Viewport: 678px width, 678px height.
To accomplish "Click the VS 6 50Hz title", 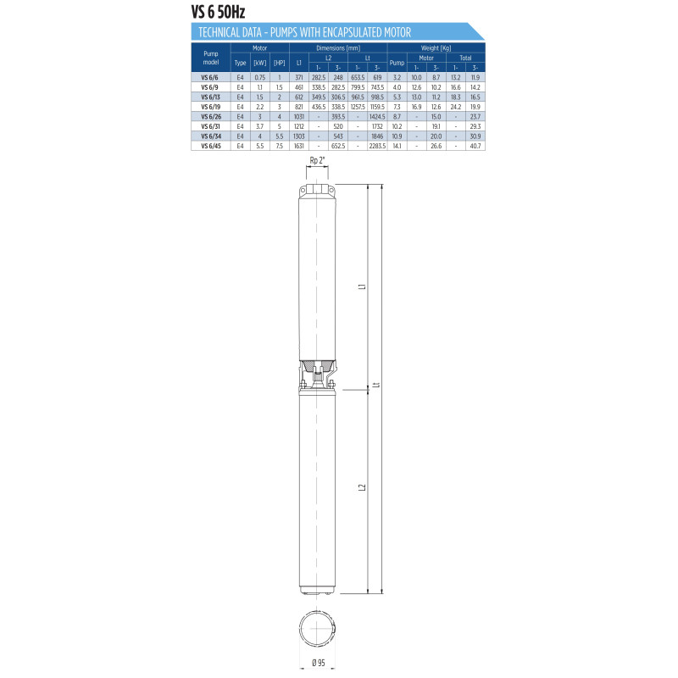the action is (218, 12).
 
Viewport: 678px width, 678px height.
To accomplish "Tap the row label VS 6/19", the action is (210, 107).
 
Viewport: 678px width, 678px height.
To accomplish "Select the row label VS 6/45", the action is (210, 146).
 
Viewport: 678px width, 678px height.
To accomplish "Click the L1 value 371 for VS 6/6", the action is (299, 77).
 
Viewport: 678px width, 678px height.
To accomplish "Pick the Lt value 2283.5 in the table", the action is (377, 146).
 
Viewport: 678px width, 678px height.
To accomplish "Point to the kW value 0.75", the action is (260, 77).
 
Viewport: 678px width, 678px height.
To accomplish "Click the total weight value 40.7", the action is (475, 146).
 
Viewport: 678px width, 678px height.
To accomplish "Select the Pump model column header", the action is (210, 58).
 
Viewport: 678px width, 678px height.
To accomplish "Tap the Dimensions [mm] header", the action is (338, 48).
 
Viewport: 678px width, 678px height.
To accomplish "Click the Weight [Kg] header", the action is (436, 48).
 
